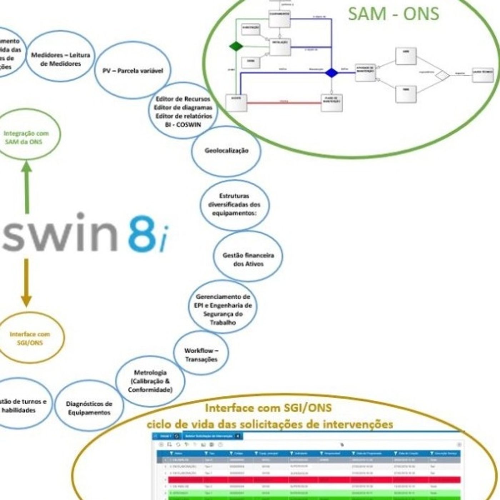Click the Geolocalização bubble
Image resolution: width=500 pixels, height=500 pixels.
tap(226, 151)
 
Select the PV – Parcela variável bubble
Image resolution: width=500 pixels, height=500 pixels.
tap(133, 71)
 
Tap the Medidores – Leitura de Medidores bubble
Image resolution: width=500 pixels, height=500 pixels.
tap(60, 59)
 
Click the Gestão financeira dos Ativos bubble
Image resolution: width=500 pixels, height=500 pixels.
tap(248, 260)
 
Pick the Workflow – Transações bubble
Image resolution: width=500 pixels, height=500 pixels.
tap(201, 355)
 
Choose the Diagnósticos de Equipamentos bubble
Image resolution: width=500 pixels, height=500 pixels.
tap(89, 408)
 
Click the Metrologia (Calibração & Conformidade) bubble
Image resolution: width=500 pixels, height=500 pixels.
tap(150, 381)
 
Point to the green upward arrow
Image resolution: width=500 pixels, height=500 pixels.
tap(26, 186)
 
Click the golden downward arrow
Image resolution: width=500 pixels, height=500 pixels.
tap(26, 282)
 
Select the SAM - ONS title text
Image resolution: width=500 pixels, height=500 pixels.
tap(393, 14)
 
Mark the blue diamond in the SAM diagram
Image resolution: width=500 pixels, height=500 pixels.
tap(331, 73)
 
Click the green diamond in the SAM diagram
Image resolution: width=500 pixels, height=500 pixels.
tap(236, 46)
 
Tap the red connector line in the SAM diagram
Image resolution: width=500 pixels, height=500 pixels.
tap(284, 103)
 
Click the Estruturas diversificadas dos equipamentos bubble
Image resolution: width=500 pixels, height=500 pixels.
tap(235, 205)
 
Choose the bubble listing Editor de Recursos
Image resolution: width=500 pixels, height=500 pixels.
tap(183, 111)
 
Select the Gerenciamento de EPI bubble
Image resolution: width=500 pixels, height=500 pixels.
tap(223, 309)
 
